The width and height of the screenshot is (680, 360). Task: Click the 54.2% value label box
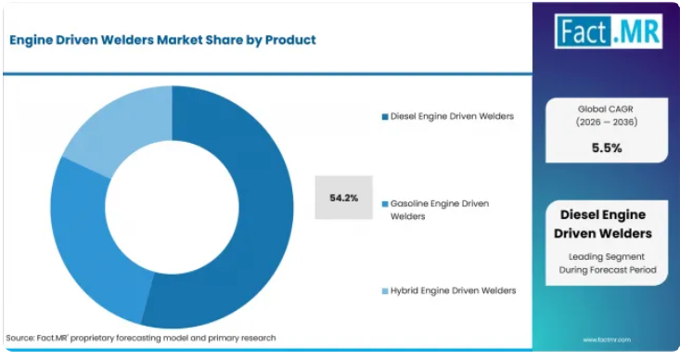point(344,198)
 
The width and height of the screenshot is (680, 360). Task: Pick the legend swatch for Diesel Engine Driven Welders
point(385,117)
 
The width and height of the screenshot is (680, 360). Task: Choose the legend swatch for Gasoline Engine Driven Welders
point(385,204)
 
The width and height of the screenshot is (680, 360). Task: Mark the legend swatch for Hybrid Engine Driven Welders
point(385,291)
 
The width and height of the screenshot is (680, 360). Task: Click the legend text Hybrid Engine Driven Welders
point(454,290)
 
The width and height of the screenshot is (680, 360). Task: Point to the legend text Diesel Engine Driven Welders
point(452,116)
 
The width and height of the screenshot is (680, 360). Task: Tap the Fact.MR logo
point(609,31)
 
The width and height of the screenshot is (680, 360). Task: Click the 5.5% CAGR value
point(607,148)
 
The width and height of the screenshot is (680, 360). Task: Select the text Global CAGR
point(606,109)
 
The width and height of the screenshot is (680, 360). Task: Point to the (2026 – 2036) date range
point(607,122)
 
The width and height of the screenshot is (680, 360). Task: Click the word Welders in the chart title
point(127,40)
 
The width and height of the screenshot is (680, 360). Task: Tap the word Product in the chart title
point(290,40)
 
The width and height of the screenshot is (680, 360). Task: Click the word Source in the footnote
point(19,338)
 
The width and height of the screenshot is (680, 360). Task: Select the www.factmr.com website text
point(607,340)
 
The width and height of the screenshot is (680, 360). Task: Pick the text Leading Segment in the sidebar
point(607,257)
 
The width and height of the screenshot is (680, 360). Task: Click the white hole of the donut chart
point(173,207)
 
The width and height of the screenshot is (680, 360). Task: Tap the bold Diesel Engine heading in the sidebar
point(603,214)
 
